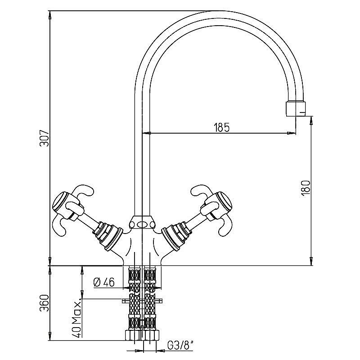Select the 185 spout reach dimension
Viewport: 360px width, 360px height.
click(x=221, y=127)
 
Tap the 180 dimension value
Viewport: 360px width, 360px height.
click(x=306, y=188)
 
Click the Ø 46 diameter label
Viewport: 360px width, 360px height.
click(x=104, y=283)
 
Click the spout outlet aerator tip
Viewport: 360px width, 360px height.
click(x=296, y=108)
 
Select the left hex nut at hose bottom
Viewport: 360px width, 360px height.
click(x=134, y=335)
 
